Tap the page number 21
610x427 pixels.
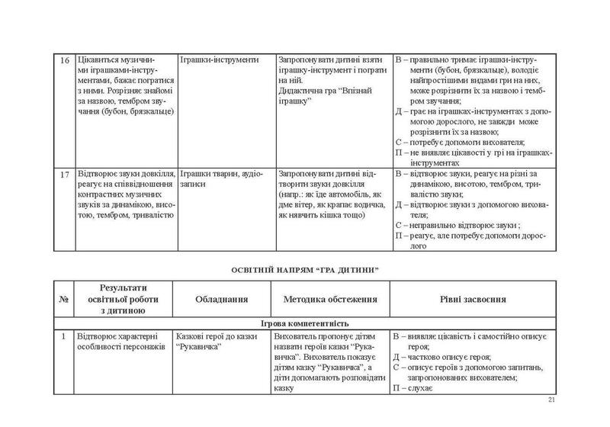click(552, 403)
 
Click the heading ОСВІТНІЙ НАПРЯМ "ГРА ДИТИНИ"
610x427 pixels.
click(305, 270)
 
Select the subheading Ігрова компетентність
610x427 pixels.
click(305, 323)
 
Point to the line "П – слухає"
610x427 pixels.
click(413, 389)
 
